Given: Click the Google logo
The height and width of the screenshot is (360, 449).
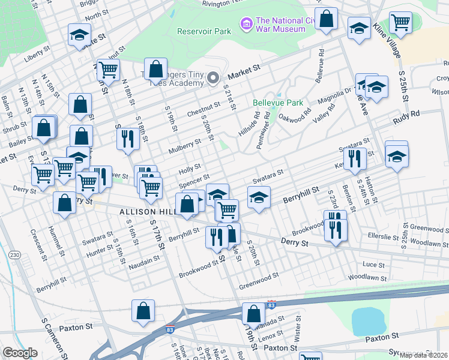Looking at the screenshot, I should point(20,353).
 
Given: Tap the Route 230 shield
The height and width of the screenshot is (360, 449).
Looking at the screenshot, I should point(14,255).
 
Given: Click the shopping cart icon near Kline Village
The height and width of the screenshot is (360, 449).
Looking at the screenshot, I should point(400,23).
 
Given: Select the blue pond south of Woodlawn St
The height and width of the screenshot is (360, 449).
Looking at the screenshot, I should point(367,321).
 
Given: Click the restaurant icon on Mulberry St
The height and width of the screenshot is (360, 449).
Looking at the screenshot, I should point(127,139).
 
